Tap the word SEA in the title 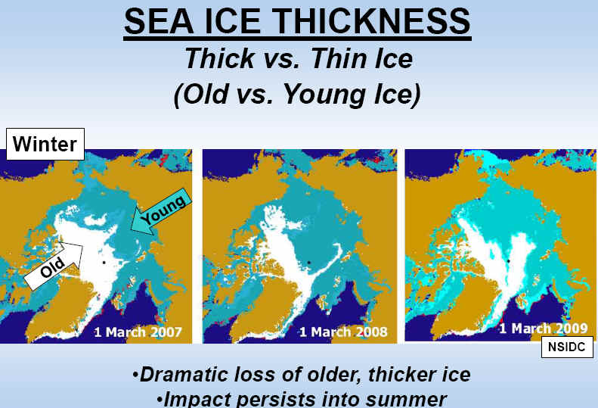160,21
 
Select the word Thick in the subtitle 220,58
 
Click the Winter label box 45,144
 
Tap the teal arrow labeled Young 160,211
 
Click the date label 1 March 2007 138,332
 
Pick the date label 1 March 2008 343,332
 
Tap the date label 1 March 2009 544,329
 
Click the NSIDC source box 567,347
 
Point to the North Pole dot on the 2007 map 104,263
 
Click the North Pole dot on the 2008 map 309,263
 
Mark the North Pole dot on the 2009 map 508,261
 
